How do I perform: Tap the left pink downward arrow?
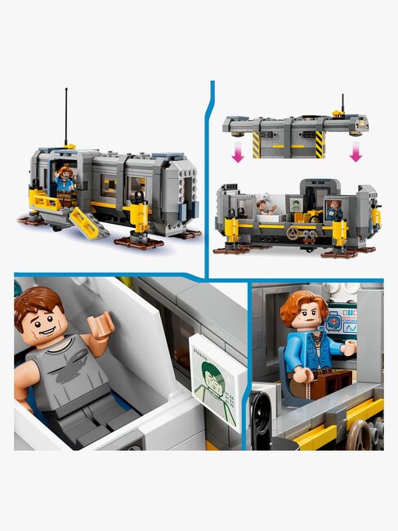point(237,152)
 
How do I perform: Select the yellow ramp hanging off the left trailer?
point(89,222)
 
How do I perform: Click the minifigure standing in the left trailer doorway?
point(64,181)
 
